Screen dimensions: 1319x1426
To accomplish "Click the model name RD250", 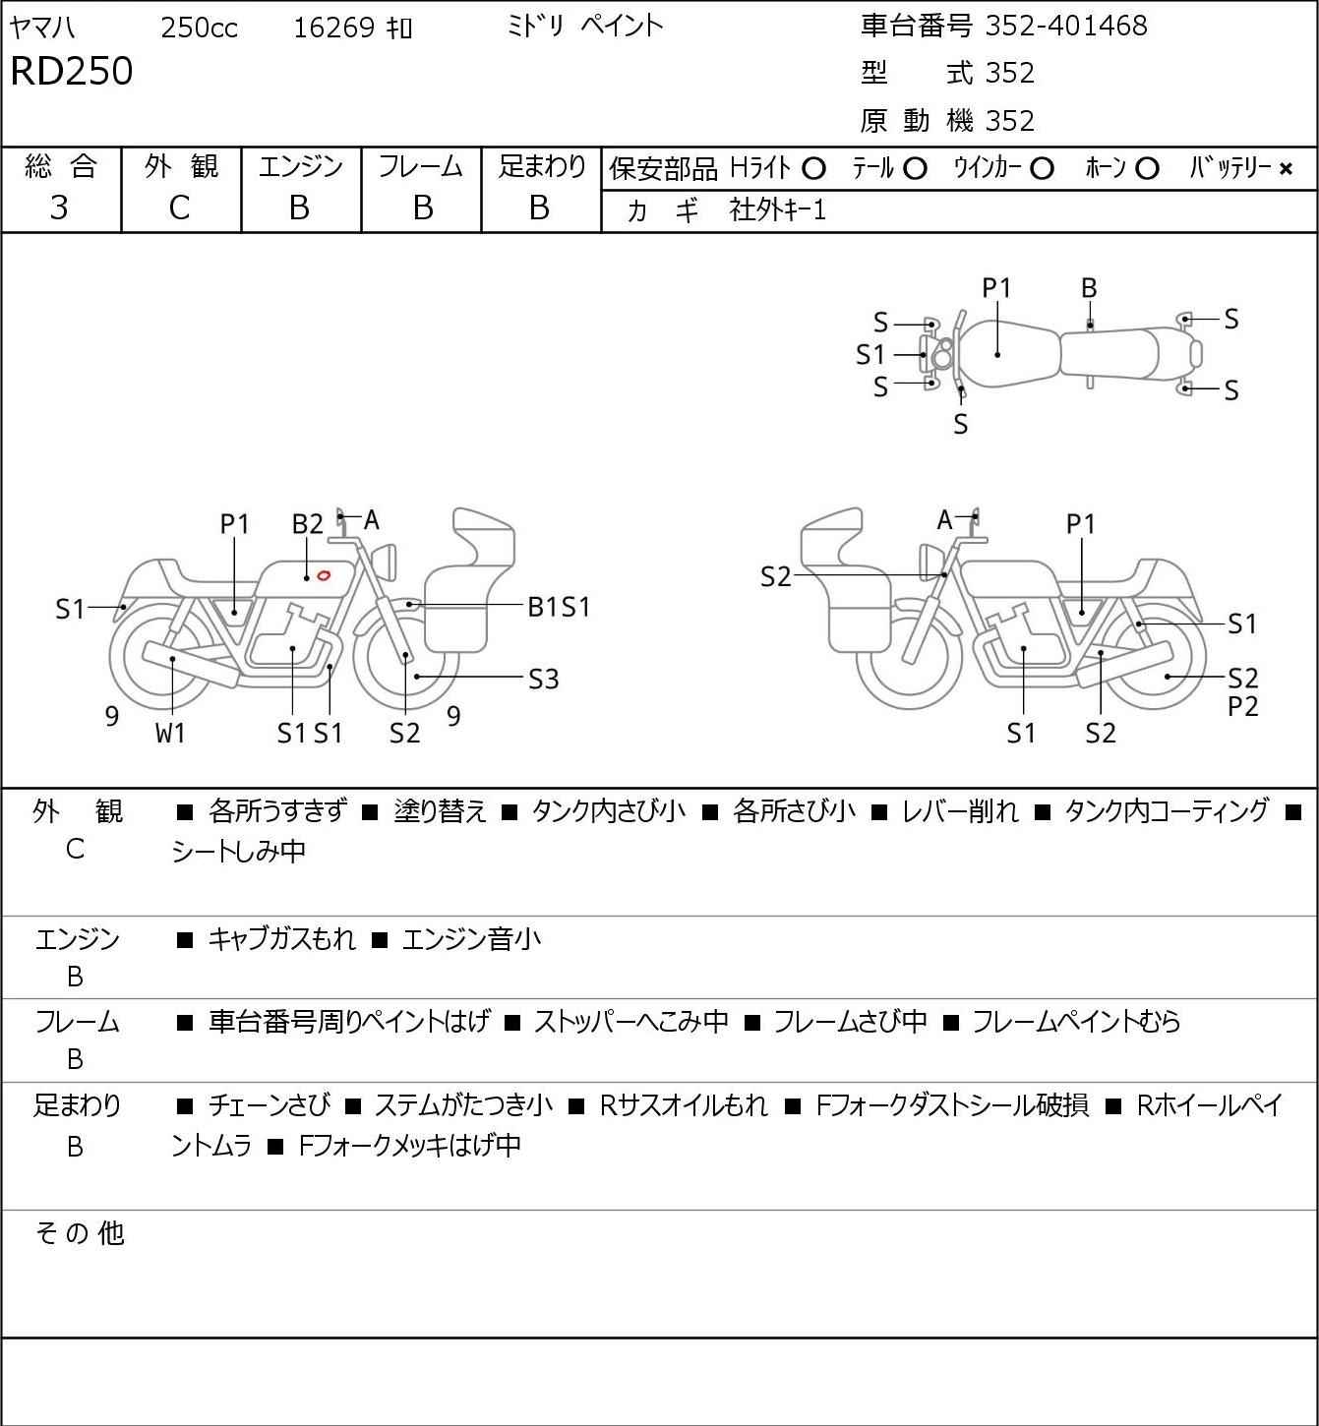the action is [x=72, y=71].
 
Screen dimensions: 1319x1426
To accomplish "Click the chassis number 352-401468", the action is [x=1066, y=27].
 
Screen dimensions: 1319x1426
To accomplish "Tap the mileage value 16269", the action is [x=334, y=28].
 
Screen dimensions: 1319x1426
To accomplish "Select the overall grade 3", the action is [x=60, y=208].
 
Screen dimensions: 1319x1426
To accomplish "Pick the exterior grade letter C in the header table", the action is [x=179, y=208].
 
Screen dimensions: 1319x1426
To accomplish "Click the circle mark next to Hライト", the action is [x=813, y=169].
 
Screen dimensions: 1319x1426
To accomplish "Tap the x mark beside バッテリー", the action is [x=1286, y=169].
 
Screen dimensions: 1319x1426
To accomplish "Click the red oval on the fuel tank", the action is [x=324, y=575].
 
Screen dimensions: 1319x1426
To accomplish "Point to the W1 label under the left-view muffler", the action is [x=170, y=733].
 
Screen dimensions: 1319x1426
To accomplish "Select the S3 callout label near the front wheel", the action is [x=544, y=679].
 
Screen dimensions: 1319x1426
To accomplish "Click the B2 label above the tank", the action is [x=308, y=525].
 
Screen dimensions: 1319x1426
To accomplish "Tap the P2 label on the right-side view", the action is [x=1243, y=706].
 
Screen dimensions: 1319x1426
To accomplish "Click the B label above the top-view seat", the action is [x=1089, y=289].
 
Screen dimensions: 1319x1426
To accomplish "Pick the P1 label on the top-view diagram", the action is [x=996, y=289].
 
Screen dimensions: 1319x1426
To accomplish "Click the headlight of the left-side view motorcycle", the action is [x=386, y=561].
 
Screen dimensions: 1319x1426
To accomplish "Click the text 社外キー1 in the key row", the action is [x=778, y=210].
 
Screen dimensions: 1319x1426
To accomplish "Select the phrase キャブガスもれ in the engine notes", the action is [x=281, y=939].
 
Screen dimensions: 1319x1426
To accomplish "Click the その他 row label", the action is [x=80, y=1233].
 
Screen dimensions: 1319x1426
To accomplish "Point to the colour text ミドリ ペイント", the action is [x=584, y=27].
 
